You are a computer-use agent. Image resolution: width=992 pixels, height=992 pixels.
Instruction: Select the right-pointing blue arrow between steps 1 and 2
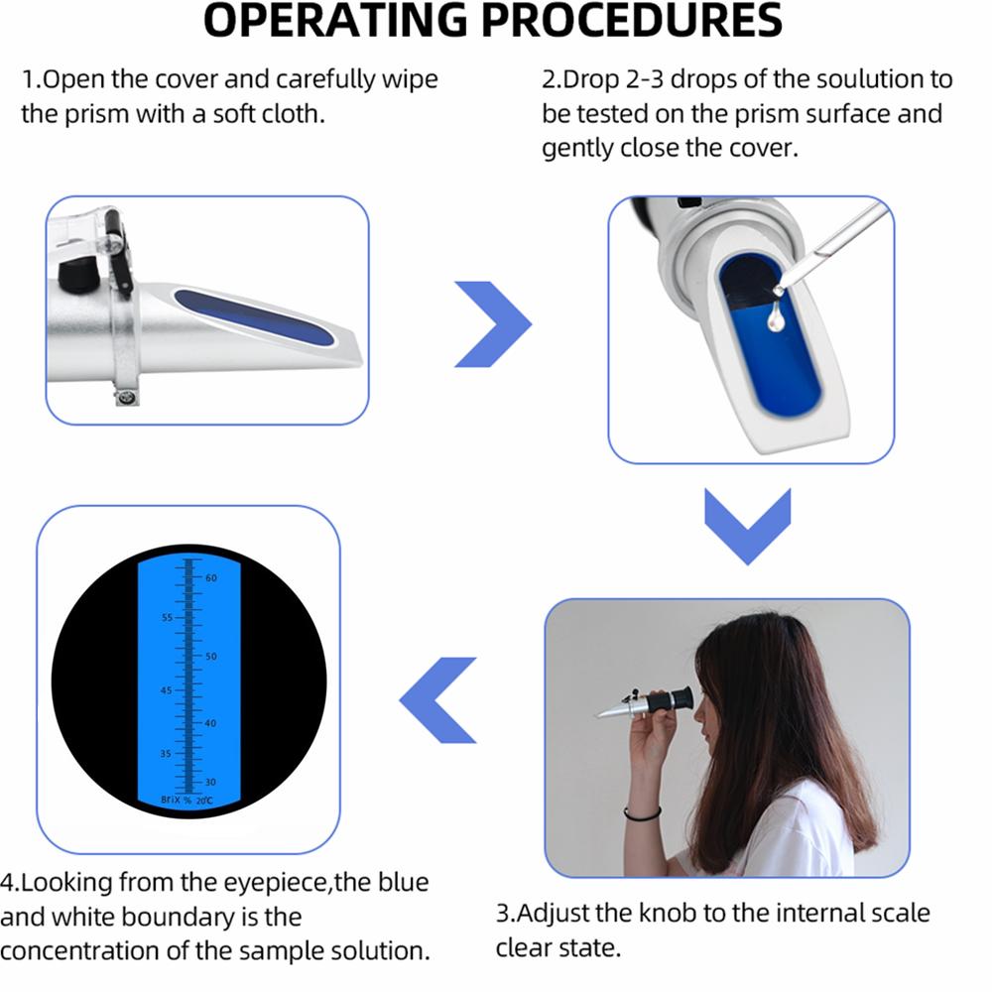pos(493,322)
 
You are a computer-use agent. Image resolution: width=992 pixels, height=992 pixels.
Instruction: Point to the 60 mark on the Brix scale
pos(211,577)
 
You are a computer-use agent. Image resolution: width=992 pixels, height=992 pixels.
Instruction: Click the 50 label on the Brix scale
pos(211,657)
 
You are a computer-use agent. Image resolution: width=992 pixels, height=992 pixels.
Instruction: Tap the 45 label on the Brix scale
pos(166,690)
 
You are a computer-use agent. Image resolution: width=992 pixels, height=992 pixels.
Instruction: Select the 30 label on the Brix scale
pos(211,783)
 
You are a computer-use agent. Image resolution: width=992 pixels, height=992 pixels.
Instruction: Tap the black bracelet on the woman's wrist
pos(642,814)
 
